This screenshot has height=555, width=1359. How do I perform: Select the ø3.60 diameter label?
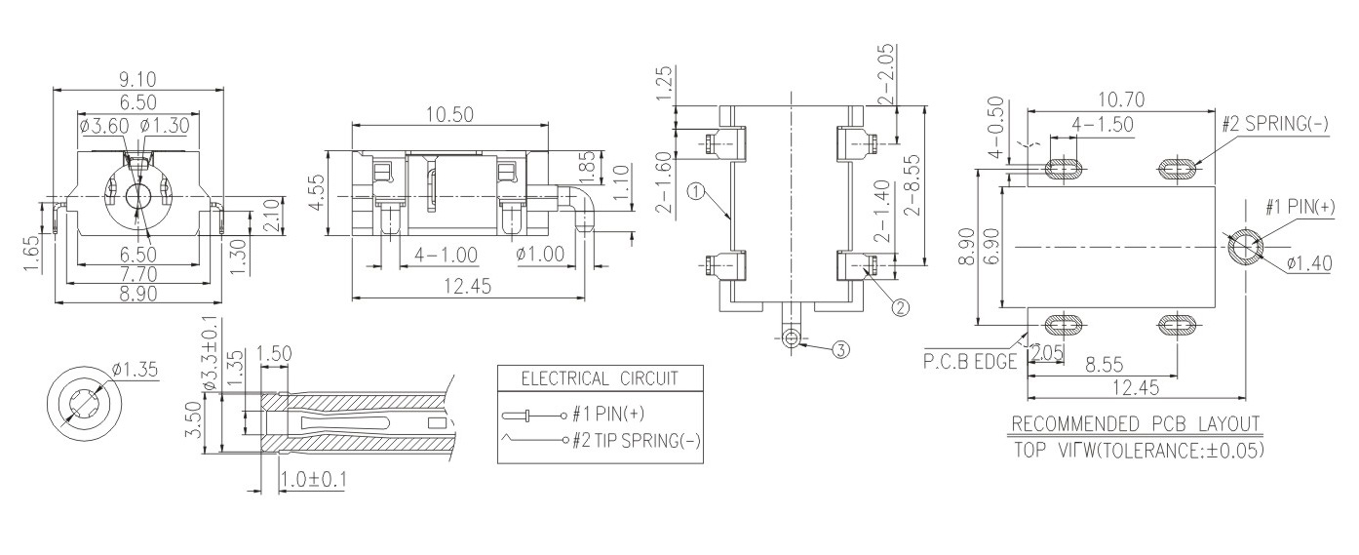tap(102, 125)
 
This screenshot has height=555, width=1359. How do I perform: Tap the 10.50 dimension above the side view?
tap(449, 115)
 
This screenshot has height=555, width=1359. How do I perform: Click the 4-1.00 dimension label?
tap(445, 255)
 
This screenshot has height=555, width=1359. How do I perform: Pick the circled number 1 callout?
tap(694, 192)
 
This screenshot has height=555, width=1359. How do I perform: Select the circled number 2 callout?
tap(901, 307)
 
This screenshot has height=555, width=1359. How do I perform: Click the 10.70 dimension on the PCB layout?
tap(1120, 99)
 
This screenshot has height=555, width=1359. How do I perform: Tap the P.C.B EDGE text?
tap(969, 361)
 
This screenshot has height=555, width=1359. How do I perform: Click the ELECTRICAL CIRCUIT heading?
tap(599, 378)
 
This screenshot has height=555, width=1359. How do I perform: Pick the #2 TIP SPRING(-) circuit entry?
tap(638, 440)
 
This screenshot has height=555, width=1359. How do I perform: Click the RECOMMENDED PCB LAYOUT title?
tap(1137, 425)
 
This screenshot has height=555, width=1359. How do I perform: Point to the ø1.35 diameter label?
tap(135, 369)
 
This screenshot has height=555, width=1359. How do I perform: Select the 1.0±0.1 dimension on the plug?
tap(314, 481)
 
